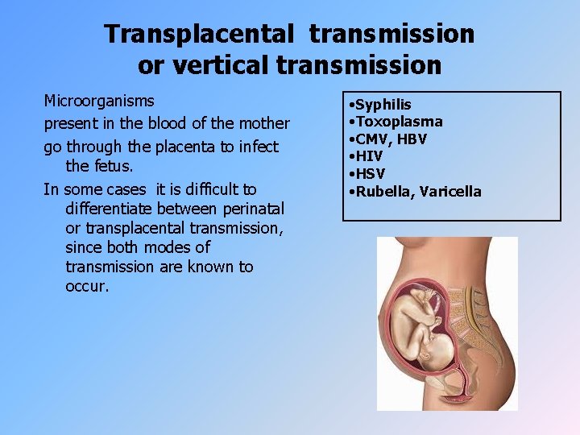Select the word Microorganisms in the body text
point(99,102)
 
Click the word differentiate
point(114,209)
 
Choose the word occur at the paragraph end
point(85,286)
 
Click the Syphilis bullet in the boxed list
point(383,105)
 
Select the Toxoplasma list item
point(398,122)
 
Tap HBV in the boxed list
point(412,139)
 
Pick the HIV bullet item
point(370,156)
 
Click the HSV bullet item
point(371,174)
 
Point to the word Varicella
point(449,192)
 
